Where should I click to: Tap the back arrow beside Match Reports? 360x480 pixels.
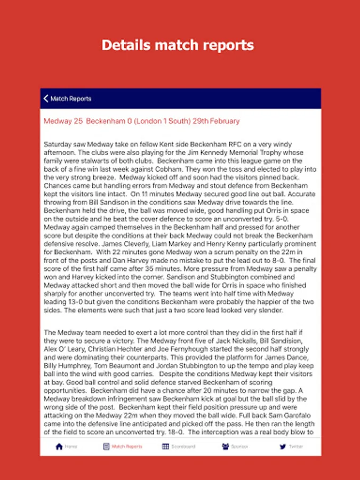(46, 99)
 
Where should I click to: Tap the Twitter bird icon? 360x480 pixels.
(283, 446)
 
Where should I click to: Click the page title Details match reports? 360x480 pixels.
(178, 45)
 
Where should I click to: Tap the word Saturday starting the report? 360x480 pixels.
(58, 144)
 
